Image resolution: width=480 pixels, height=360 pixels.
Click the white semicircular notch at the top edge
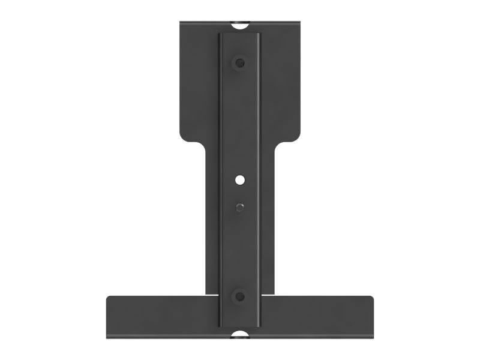pyautogui.click(x=240, y=26)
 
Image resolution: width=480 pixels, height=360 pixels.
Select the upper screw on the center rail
pyautogui.click(x=240, y=62)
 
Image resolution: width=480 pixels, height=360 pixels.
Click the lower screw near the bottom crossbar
pyautogui.click(x=240, y=295)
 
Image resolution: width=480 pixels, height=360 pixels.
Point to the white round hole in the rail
pyautogui.click(x=240, y=179)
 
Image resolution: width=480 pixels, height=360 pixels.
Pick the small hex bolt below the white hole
pyautogui.click(x=240, y=206)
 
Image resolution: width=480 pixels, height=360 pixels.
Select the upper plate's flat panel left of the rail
pyautogui.click(x=199, y=84)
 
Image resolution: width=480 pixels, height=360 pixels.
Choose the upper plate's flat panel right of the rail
pyautogui.click(x=281, y=84)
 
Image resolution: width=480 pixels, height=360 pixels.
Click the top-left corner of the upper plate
pyautogui.click(x=181, y=25)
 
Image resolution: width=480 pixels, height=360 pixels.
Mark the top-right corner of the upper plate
pyautogui.click(x=299, y=25)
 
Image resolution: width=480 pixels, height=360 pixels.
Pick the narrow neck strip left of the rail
pyautogui.click(x=212, y=222)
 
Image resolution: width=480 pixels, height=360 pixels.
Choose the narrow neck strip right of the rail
pyautogui.click(x=268, y=222)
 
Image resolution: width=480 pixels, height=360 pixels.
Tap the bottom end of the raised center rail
pyautogui.click(x=240, y=324)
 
